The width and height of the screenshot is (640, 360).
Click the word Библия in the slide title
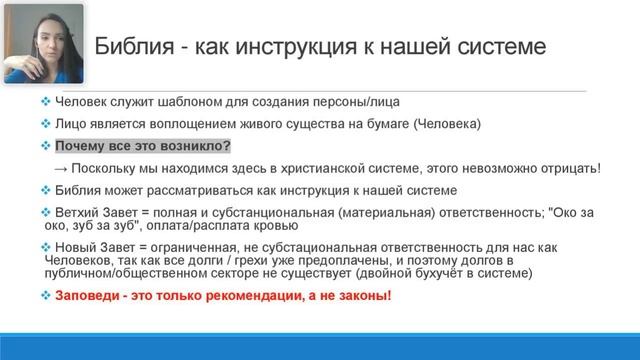(x=131, y=47)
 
